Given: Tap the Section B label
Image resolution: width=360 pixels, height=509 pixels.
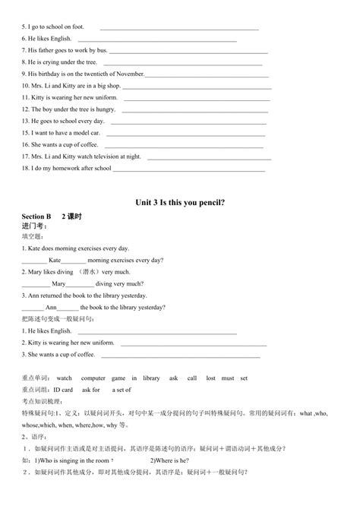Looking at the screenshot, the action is (36, 217).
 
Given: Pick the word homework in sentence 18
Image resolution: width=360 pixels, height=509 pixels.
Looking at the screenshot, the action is (68, 168).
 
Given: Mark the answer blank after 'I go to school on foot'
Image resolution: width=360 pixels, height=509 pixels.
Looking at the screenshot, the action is (179, 27).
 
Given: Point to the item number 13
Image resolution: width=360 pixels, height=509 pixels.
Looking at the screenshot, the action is (25, 121).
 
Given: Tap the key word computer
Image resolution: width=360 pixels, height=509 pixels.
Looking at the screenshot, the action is (93, 378).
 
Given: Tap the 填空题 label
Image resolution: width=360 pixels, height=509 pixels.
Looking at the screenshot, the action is (33, 236).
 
